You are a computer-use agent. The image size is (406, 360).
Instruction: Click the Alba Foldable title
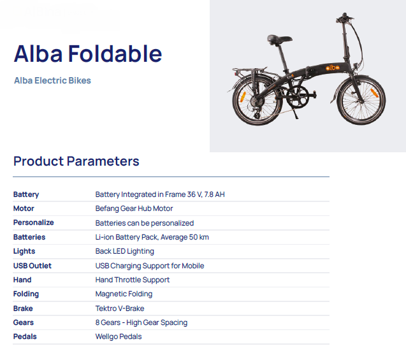[88, 54]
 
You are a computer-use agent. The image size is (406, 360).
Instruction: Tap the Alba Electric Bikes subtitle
[52, 80]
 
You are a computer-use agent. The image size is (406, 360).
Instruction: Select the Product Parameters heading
[76, 161]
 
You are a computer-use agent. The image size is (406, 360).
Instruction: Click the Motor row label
[24, 208]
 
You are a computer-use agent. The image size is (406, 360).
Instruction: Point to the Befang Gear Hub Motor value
[134, 208]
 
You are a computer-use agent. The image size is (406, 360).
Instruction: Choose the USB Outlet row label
[33, 266]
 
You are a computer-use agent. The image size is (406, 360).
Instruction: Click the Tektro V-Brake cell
[120, 308]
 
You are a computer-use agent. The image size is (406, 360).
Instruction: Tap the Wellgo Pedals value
[119, 336]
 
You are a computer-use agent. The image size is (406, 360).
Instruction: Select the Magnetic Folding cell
[124, 294]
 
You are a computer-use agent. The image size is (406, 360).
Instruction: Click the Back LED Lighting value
[124, 251]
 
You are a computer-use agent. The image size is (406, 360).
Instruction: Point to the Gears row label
[24, 322]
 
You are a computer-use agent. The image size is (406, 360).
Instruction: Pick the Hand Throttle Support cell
[133, 280]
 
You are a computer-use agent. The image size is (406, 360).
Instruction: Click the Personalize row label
[33, 222]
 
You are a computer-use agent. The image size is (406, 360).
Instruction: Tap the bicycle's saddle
[279, 40]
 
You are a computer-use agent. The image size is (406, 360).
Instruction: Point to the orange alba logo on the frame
[333, 68]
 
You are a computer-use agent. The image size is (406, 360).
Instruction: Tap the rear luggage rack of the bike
[249, 70]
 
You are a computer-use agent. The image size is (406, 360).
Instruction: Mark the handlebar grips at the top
[345, 17]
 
